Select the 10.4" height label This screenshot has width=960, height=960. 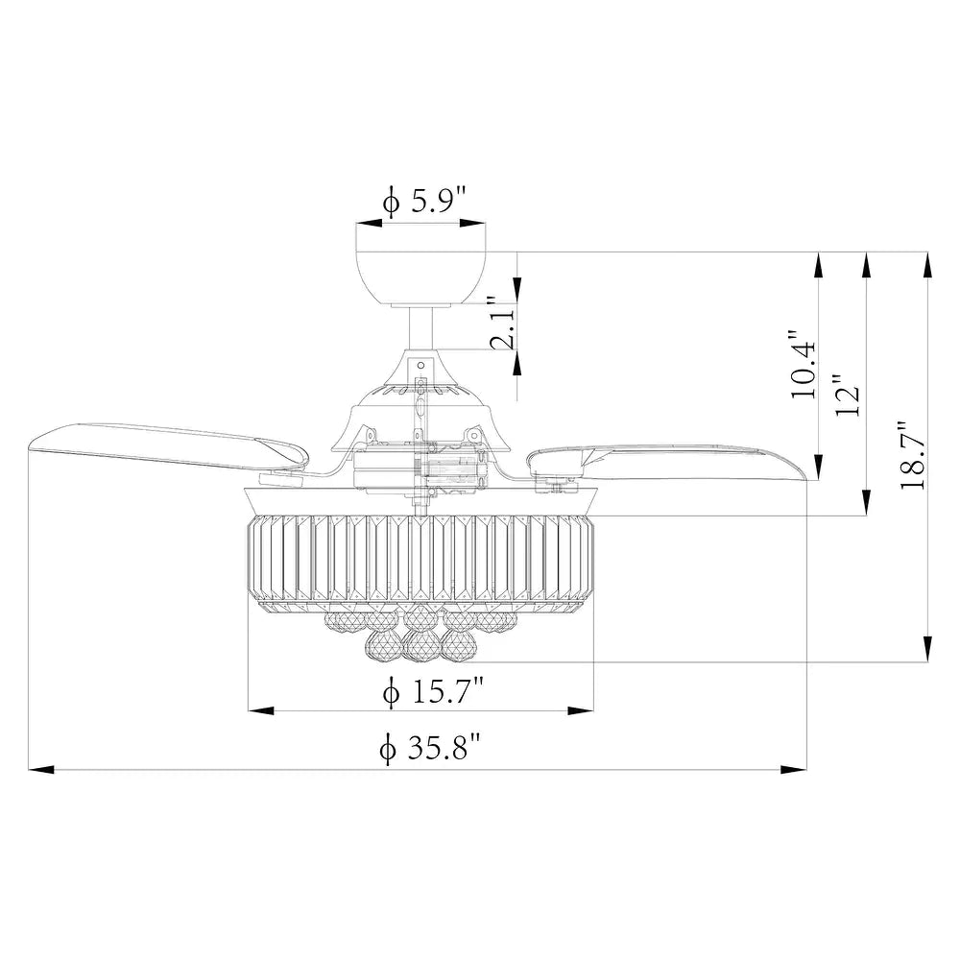coord(804,365)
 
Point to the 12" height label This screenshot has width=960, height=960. coord(848,396)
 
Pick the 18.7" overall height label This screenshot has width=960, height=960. coord(912,455)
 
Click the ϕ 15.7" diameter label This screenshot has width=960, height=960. coord(433,692)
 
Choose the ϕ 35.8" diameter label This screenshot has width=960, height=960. coord(430,748)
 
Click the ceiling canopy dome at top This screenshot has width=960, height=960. coord(421,278)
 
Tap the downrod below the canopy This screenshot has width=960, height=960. coord(420,327)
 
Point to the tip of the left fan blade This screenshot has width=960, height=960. coord(30,447)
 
